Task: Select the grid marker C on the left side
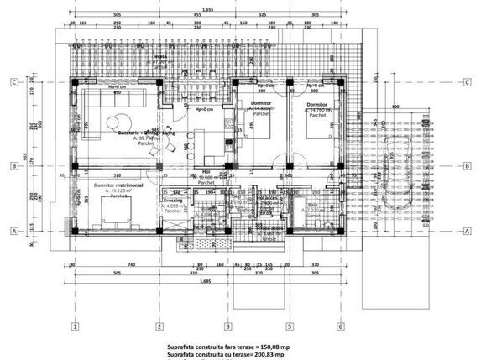click(14, 82)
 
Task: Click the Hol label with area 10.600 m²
click(205, 173)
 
